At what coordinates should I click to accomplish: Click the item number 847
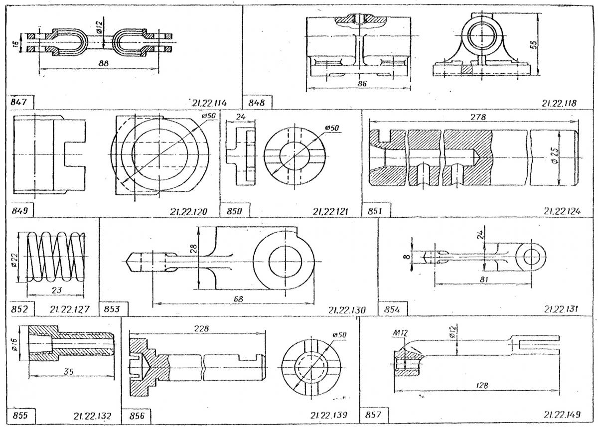coord(19,102)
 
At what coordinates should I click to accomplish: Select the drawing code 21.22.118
coord(559,103)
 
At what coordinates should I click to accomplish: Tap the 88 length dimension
coord(103,63)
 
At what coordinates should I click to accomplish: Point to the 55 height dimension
coord(533,44)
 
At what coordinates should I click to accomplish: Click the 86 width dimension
coord(362,83)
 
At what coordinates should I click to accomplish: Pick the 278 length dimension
coord(478,117)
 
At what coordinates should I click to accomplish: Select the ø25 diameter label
coord(555,156)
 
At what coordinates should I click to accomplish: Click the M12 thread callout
coord(400,333)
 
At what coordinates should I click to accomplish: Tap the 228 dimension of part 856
coord(201,328)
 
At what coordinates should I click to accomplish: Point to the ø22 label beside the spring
coord(14,260)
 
